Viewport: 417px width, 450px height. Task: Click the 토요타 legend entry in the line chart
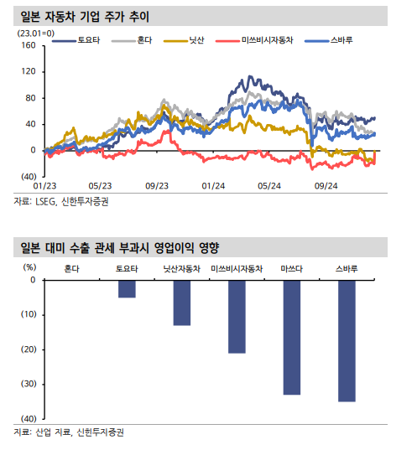point(76,40)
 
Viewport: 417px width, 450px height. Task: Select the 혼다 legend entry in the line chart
point(132,40)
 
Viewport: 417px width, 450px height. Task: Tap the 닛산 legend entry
point(184,40)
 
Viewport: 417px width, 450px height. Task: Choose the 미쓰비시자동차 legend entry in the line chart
point(254,40)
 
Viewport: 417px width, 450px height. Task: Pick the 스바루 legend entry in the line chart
point(329,40)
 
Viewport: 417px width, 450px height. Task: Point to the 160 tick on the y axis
point(29,45)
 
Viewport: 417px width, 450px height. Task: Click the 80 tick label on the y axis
point(30,98)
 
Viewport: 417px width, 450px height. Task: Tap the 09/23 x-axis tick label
point(157,186)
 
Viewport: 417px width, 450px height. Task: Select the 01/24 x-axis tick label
point(213,186)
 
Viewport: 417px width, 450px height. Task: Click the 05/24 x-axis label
point(269,186)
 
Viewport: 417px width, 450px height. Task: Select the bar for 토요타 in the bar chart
point(127,289)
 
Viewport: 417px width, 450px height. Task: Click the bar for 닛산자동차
point(182,303)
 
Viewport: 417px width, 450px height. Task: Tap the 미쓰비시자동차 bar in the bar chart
point(237,317)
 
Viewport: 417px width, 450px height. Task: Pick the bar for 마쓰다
point(292,338)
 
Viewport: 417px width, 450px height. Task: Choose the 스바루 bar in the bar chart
point(347,341)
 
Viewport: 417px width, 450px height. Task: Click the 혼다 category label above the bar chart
point(72,269)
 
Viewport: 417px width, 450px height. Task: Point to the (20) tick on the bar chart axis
point(29,349)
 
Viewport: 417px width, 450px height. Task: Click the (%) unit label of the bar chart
point(29,267)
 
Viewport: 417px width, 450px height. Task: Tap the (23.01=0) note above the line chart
point(36,34)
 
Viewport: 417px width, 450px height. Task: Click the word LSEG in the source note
point(45,202)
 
